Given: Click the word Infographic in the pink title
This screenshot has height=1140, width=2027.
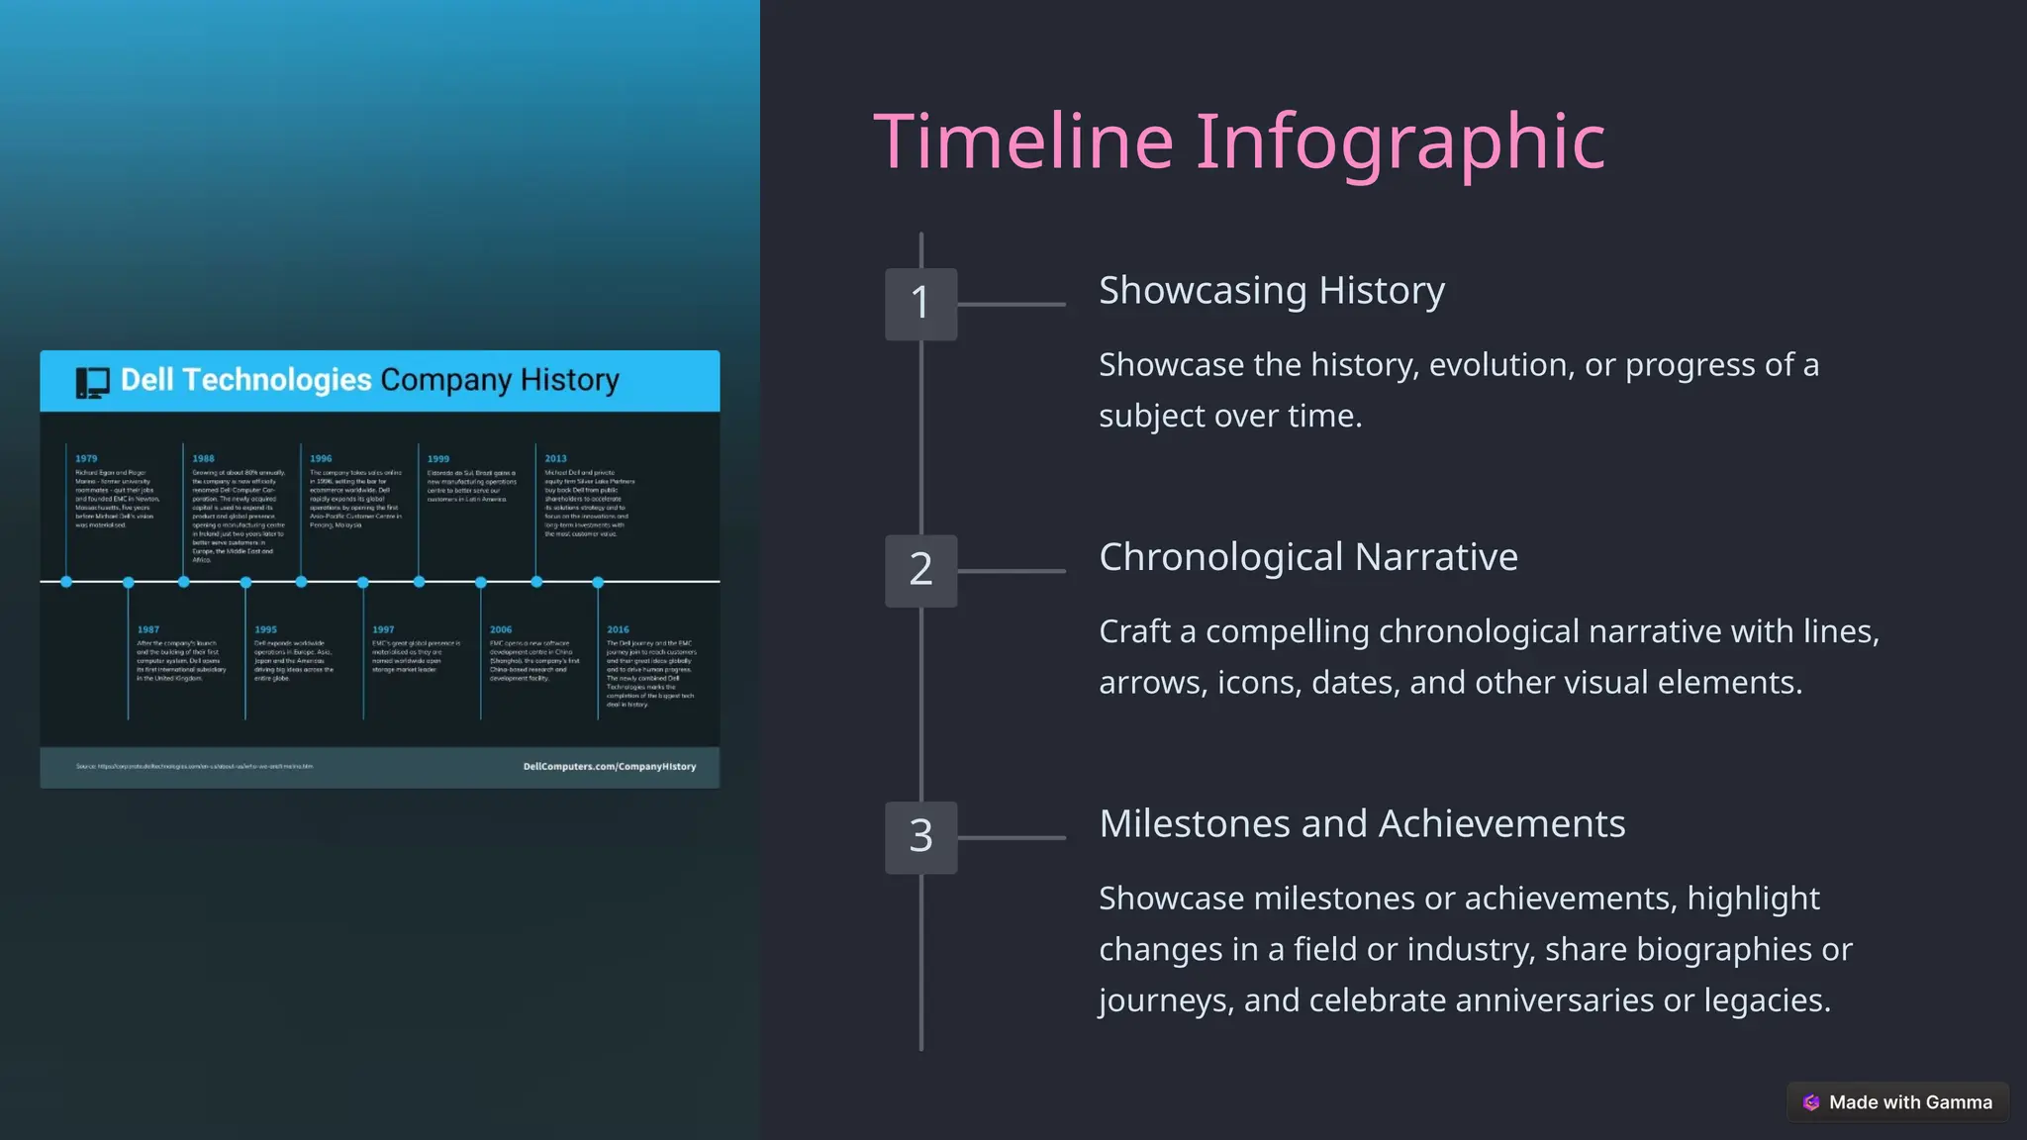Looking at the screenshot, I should click(1400, 142).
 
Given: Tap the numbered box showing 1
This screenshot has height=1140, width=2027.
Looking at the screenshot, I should click(920, 304).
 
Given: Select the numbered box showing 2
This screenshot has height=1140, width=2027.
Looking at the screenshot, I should click(920, 570).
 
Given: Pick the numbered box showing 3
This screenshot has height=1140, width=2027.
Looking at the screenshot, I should click(920, 837).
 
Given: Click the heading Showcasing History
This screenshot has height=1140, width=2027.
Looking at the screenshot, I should click(1271, 291).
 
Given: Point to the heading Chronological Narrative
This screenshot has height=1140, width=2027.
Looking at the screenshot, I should click(1307, 557).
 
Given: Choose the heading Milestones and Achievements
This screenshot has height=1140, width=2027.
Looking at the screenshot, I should click(1361, 824).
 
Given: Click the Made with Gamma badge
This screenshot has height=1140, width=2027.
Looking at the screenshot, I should click(1897, 1102).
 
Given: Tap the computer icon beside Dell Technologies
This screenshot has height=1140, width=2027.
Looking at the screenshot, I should click(93, 382).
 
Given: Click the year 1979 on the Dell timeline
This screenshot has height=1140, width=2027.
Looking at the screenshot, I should click(86, 459).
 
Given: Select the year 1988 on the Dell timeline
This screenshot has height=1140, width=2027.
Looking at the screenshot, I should click(203, 459).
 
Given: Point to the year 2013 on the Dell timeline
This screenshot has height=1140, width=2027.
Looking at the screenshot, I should click(555, 459).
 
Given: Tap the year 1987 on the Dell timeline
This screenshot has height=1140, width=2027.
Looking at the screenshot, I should click(148, 629).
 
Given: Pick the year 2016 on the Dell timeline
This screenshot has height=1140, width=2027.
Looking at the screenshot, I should click(618, 629).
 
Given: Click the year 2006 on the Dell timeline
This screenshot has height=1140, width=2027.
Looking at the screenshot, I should click(501, 629).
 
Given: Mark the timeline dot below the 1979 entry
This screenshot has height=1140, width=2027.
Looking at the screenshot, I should click(66, 582).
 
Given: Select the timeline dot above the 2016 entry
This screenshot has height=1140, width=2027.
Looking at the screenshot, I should click(598, 583).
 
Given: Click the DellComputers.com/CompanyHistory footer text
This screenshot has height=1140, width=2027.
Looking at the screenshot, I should click(610, 767).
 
